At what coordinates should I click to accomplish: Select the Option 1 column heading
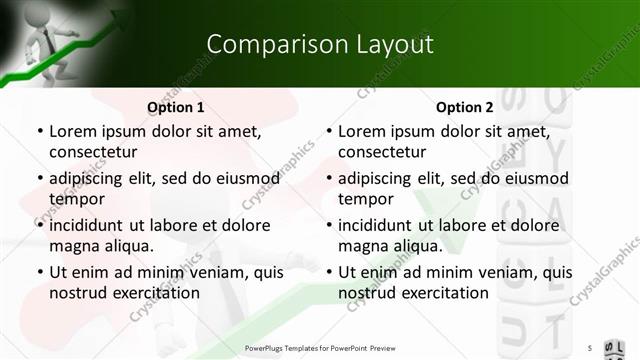[x=176, y=107]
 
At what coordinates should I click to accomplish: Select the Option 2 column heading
[x=465, y=107]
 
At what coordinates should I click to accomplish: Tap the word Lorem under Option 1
[x=73, y=131]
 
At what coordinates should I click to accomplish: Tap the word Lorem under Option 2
[x=362, y=131]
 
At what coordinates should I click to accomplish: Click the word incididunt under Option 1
[x=90, y=225]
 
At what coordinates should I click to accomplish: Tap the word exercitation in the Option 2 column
[x=443, y=293]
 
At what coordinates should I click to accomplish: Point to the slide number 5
[x=590, y=347]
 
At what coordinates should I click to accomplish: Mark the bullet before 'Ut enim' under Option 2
[x=329, y=273]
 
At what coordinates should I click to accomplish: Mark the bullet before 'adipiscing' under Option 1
[x=40, y=179]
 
